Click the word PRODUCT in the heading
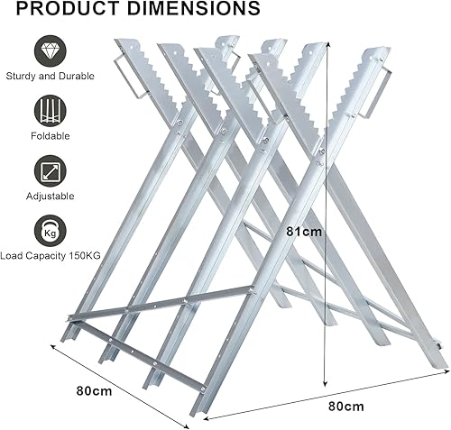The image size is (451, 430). click(69, 8)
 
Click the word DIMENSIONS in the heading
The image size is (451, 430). click(193, 8)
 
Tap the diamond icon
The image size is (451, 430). click(50, 50)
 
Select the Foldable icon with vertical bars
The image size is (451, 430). click(50, 111)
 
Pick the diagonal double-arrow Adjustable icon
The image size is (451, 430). click(50, 171)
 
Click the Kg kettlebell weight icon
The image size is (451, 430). click(50, 231)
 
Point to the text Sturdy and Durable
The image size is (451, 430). click(50, 76)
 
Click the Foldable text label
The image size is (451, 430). click(51, 136)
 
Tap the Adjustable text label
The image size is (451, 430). click(50, 197)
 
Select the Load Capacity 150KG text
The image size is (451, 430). click(51, 256)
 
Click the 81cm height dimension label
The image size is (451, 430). click(304, 232)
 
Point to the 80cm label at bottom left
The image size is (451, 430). click(94, 391)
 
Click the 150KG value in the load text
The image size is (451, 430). click(85, 256)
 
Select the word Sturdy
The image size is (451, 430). click(21, 77)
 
